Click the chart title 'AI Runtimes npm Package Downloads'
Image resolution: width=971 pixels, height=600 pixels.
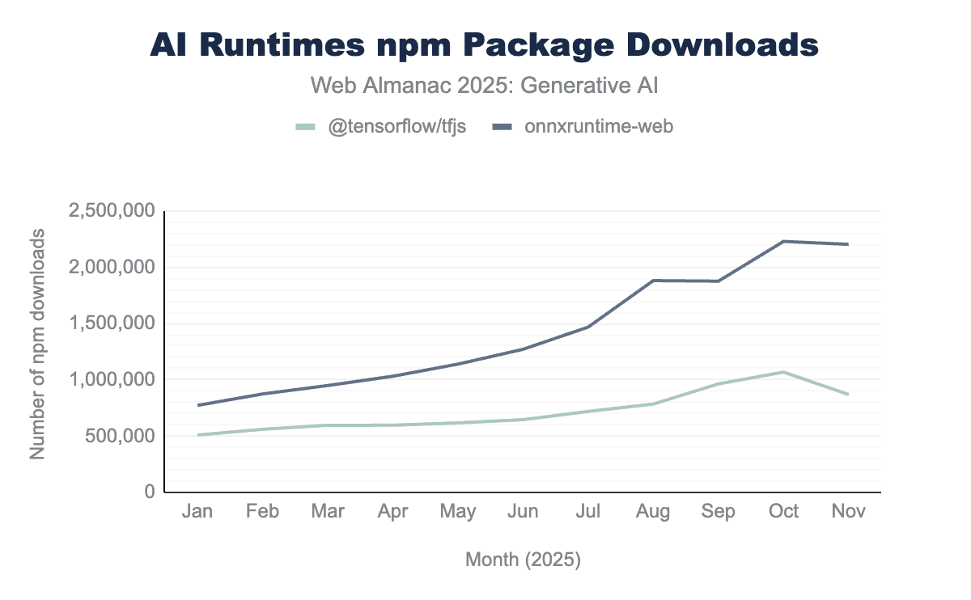485,45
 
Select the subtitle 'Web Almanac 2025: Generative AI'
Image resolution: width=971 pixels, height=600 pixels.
485,84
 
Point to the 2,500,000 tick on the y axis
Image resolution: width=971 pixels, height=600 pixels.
112,212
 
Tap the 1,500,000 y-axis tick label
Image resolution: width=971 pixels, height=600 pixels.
112,323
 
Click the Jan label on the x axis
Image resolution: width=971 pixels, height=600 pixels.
197,511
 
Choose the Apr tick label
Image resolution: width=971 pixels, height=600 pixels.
392,511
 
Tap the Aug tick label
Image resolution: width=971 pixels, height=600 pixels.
653,511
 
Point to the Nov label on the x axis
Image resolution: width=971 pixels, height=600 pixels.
848,511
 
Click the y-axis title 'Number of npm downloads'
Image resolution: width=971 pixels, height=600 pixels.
37,344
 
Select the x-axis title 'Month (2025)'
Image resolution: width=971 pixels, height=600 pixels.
523,559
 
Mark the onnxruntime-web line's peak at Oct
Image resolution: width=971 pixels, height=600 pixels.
783,241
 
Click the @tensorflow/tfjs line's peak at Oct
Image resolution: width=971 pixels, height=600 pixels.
783,372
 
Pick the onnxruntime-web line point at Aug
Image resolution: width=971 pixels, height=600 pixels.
653,281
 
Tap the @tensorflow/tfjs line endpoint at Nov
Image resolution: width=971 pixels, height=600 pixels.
848,395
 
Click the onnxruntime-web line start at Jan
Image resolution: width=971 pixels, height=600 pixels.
197,405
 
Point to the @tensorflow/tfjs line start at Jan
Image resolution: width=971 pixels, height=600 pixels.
197,435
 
